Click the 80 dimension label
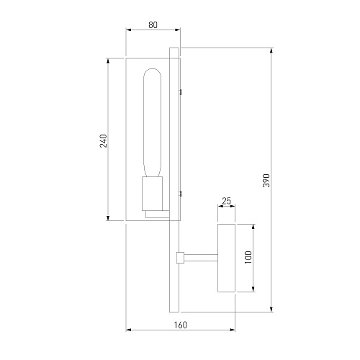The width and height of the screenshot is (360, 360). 153,25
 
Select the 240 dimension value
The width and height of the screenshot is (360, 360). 104,141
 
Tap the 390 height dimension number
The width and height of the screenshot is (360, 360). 266,180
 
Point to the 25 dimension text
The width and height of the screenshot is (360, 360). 226,201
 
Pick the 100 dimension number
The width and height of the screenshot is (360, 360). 248,257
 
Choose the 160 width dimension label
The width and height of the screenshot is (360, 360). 180,325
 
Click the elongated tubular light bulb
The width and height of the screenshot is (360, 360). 152,123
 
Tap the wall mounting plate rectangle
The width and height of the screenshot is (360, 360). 226,258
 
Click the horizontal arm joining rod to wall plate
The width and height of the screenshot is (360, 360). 201,258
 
